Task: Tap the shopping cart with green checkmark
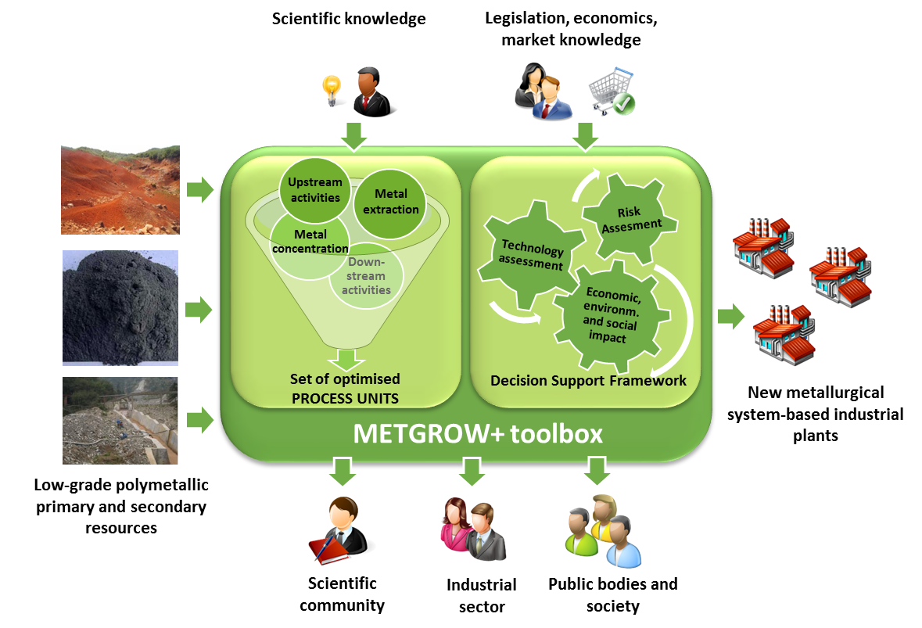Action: click(x=612, y=92)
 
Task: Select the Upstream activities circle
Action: click(x=315, y=190)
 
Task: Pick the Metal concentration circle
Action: click(x=310, y=242)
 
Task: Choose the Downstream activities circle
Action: click(x=368, y=276)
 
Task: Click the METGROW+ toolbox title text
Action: click(x=478, y=433)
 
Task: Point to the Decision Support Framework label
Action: click(x=588, y=381)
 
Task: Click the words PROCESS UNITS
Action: click(x=345, y=398)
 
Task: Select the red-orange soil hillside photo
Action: click(x=120, y=190)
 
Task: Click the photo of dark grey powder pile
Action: click(x=120, y=308)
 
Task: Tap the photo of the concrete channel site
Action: click(x=120, y=421)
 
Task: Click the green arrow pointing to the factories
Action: click(x=731, y=318)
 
